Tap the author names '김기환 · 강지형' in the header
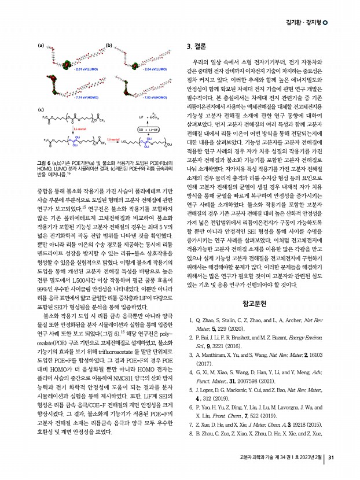(304, 22)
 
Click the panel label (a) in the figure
(41, 45)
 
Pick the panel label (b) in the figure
(108, 45)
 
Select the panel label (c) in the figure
(41, 109)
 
